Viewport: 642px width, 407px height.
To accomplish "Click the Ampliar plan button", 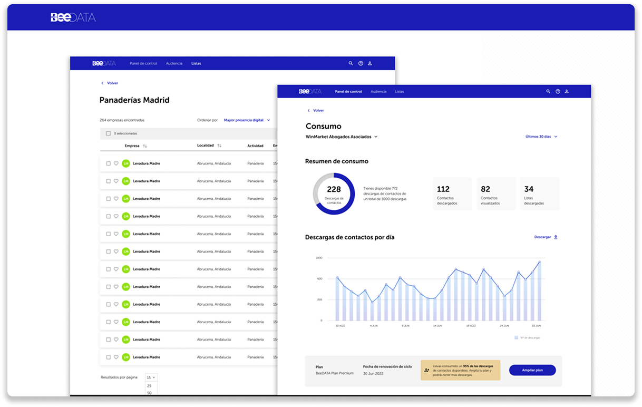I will [x=532, y=370].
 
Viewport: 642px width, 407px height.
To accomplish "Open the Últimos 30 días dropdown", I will [x=541, y=137].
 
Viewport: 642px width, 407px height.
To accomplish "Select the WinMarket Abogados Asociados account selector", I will [x=342, y=137].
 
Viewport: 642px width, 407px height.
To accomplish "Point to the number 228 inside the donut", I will [x=334, y=189].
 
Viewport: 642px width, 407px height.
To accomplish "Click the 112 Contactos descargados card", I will [x=453, y=194].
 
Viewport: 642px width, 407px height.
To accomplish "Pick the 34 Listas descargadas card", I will [x=539, y=194].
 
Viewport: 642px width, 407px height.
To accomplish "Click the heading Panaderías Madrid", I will [x=134, y=100].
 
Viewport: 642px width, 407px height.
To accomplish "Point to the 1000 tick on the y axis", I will [x=318, y=258].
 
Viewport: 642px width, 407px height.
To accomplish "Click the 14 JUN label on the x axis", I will [x=437, y=326].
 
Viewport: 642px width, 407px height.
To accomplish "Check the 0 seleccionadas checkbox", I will [x=109, y=133].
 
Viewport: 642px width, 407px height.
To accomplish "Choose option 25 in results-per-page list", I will [x=149, y=385].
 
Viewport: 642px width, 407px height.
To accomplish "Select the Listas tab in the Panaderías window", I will [x=196, y=63].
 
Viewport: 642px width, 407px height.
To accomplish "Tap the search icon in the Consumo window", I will [x=548, y=92].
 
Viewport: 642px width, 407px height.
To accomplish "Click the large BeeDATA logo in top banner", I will [x=73, y=17].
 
